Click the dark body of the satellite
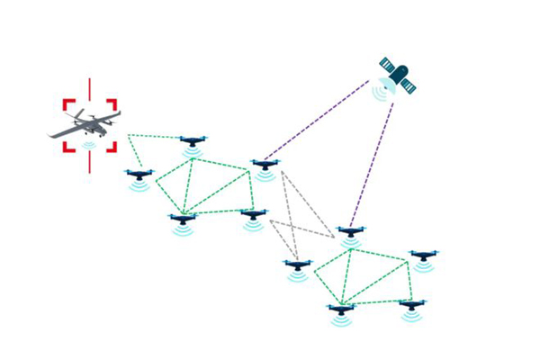point(396,73)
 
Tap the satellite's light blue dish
point(387,83)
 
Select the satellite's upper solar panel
point(387,63)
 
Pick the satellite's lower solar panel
point(408,85)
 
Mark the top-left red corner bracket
point(68,104)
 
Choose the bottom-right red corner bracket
point(112,146)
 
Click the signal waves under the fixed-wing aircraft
point(88,145)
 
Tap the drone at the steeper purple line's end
point(350,233)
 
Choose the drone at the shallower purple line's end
point(264,165)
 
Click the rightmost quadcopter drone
point(422,256)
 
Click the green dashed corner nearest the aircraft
point(128,136)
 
